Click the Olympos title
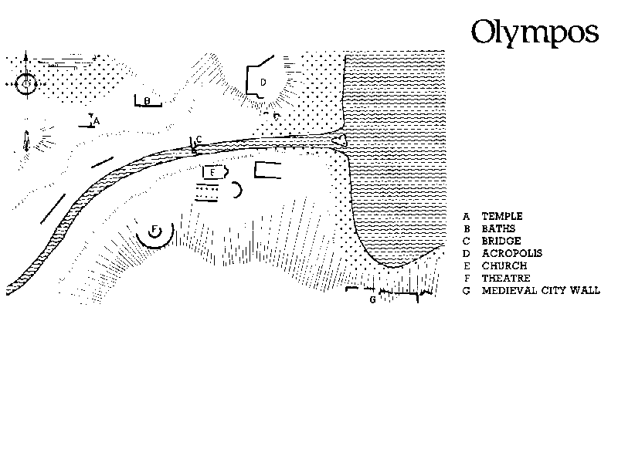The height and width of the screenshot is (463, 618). pyautogui.click(x=535, y=32)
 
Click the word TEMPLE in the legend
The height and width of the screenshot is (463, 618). pyautogui.click(x=502, y=216)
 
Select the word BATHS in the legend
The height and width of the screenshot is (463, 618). pyautogui.click(x=498, y=228)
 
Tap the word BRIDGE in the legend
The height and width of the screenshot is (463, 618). pyautogui.click(x=501, y=241)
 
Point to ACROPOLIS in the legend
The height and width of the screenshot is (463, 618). pyautogui.click(x=512, y=253)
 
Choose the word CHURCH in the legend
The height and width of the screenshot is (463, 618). pyautogui.click(x=504, y=265)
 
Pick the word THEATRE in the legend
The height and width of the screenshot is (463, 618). pyautogui.click(x=506, y=278)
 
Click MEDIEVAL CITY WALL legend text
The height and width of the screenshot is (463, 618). pyautogui.click(x=541, y=291)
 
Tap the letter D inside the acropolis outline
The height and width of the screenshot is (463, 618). pyautogui.click(x=263, y=83)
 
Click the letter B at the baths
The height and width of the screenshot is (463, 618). pyautogui.click(x=147, y=101)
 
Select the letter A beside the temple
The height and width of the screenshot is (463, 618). pyautogui.click(x=97, y=121)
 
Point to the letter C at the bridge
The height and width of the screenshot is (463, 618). pyautogui.click(x=199, y=139)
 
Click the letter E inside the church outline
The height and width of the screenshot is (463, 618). pyautogui.click(x=212, y=172)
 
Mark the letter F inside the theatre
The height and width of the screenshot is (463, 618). pyautogui.click(x=154, y=229)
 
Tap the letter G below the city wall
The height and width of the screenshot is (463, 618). pyautogui.click(x=372, y=300)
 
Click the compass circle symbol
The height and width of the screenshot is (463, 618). pyautogui.click(x=26, y=84)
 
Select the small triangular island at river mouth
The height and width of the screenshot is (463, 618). pyautogui.click(x=339, y=140)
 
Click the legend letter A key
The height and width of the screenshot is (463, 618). pyautogui.click(x=467, y=216)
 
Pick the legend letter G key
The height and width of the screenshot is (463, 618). pyautogui.click(x=467, y=291)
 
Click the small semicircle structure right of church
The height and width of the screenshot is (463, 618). pyautogui.click(x=238, y=190)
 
